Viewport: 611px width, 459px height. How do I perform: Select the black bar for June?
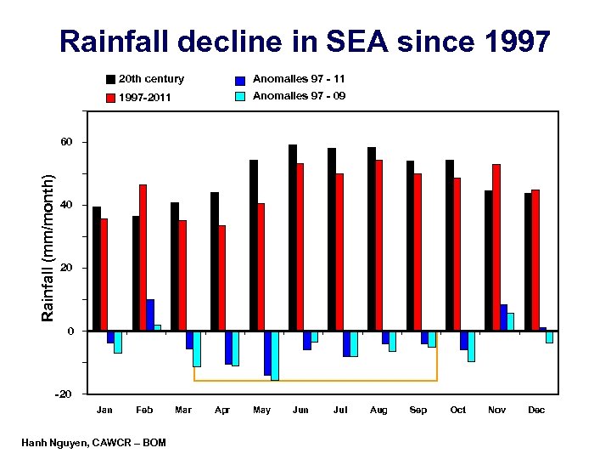(293, 237)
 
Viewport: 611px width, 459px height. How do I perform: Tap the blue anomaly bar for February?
(150, 314)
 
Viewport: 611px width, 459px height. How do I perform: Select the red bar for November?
(496, 246)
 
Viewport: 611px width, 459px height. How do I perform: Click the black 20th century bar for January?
(97, 268)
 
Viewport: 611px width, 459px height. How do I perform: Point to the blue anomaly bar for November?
(503, 317)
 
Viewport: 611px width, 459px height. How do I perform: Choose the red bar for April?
(221, 277)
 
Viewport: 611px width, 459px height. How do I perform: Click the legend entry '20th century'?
(151, 79)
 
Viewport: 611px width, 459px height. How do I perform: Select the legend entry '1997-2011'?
(144, 98)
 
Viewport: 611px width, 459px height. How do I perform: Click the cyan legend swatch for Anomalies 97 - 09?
(240, 96)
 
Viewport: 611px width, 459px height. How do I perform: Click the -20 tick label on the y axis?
(64, 394)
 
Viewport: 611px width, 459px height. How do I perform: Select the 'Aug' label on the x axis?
(378, 411)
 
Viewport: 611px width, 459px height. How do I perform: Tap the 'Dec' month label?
(536, 411)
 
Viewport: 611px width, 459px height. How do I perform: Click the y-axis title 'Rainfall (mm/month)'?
(50, 247)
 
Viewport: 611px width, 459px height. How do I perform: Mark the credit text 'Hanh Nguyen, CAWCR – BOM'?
(94, 443)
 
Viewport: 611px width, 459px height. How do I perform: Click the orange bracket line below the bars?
(316, 381)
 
